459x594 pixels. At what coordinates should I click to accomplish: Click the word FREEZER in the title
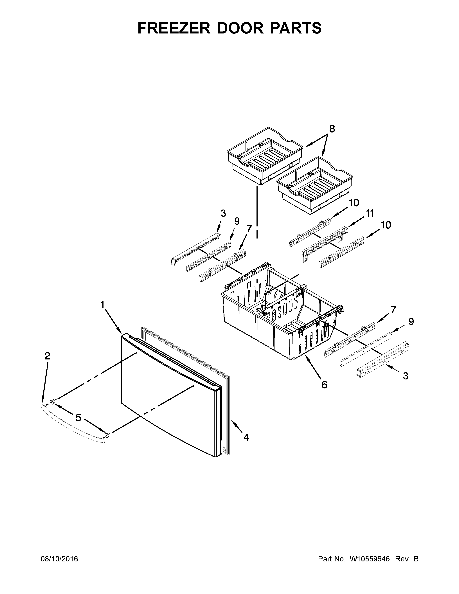click(174, 28)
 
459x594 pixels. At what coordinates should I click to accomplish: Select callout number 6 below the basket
click(324, 385)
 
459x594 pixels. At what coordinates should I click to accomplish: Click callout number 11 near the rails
click(370, 213)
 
